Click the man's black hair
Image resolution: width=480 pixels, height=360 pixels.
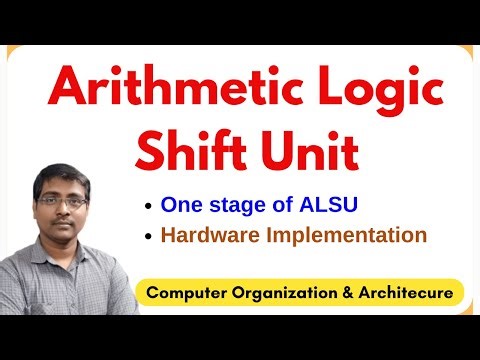pyautogui.click(x=61, y=175)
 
